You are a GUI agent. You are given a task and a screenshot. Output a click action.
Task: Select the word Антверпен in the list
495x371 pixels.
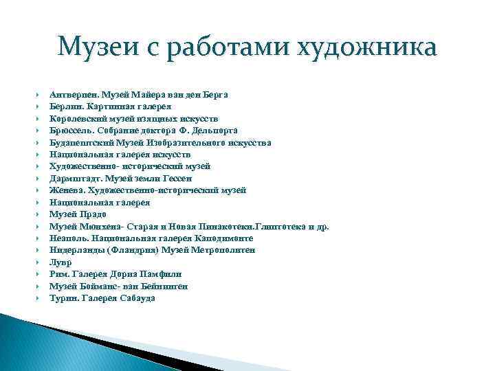pos(73,93)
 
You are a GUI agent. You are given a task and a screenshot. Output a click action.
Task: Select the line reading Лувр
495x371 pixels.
pos(60,262)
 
